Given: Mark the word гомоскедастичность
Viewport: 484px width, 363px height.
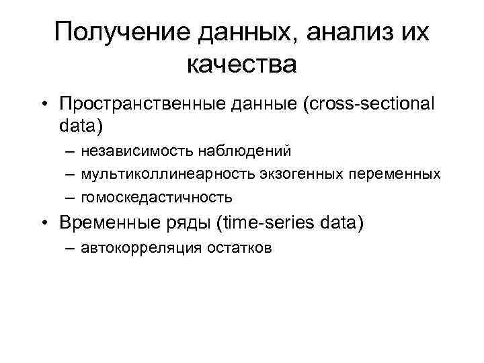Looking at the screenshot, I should pos(157,198).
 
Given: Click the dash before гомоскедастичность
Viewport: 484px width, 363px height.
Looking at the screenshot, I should pos(71,198).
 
